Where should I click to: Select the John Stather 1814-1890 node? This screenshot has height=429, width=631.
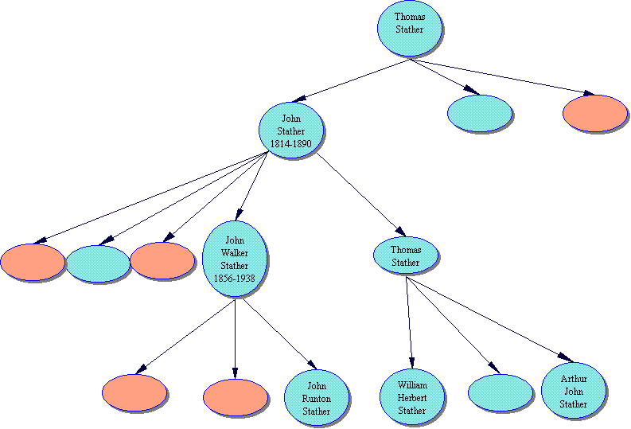pos(291,131)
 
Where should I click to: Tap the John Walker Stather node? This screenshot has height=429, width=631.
pos(236,259)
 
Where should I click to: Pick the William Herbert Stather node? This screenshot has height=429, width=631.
pos(412,396)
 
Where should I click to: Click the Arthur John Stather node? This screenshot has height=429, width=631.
pos(574,391)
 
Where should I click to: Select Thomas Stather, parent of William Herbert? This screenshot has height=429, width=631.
pos(406,255)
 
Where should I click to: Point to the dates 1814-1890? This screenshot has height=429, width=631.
pos(291,143)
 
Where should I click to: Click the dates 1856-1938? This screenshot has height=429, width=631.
pos(236,279)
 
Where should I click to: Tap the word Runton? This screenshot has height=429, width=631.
pos(317,399)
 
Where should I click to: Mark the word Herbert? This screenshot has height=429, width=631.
pos(412,398)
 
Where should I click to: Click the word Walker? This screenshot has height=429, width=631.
pos(236,252)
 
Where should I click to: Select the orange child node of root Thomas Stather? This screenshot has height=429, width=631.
pos(594,113)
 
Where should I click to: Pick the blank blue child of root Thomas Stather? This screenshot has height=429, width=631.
pos(480,113)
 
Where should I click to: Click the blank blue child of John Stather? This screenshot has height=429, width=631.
pos(98,264)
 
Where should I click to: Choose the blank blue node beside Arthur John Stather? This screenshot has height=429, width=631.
pos(501,392)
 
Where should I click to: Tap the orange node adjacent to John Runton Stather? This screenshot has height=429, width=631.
pos(235,397)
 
